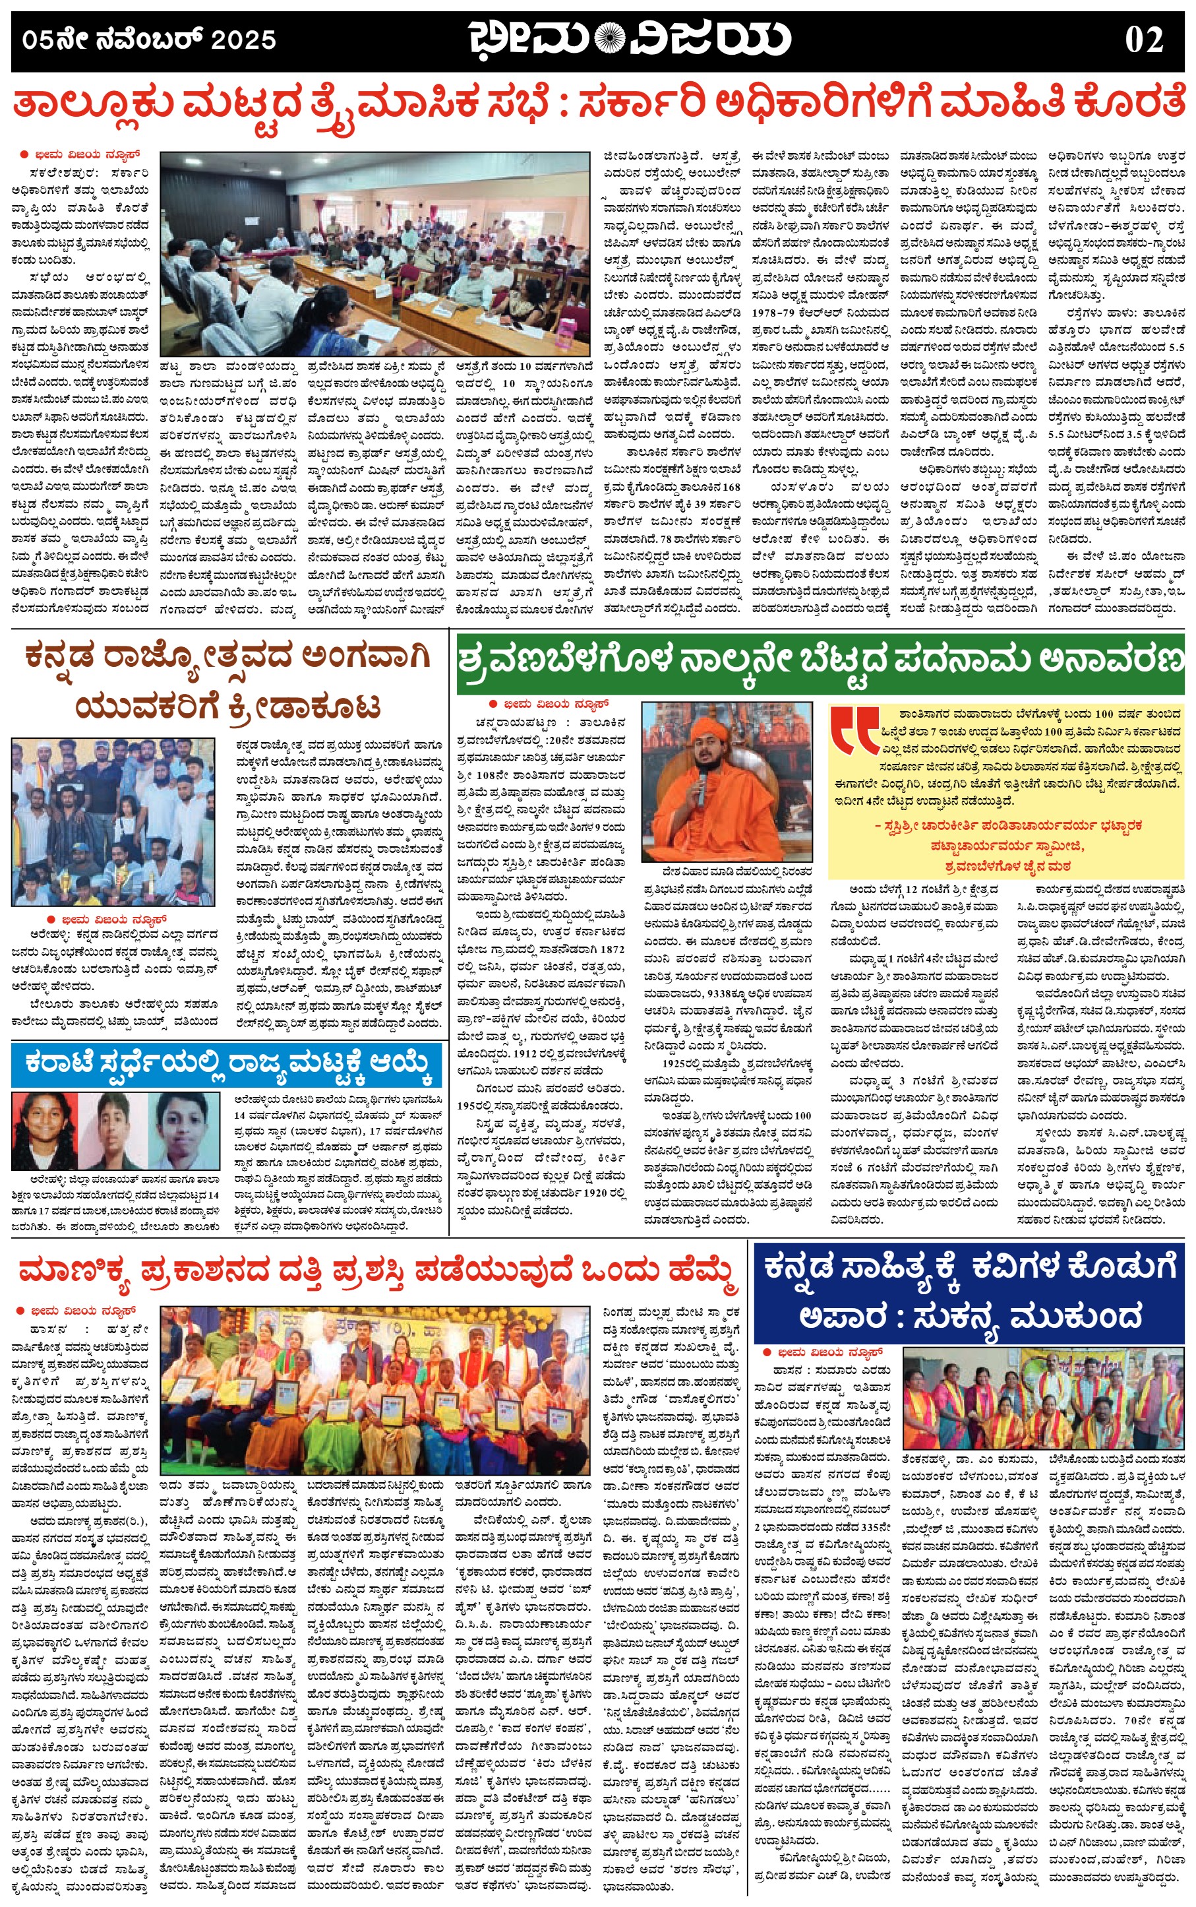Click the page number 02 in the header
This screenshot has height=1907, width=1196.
(1143, 40)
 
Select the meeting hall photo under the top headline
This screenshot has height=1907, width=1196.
(375, 253)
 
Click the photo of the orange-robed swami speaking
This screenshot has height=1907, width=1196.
(726, 782)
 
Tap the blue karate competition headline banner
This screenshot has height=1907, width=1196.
(226, 1065)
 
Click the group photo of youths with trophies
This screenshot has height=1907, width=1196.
(113, 821)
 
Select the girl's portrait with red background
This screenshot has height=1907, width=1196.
(44, 1131)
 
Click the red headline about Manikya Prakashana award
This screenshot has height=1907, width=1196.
(378, 1272)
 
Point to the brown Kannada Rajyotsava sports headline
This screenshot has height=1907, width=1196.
(228, 681)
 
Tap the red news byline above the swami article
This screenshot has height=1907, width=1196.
(552, 703)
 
